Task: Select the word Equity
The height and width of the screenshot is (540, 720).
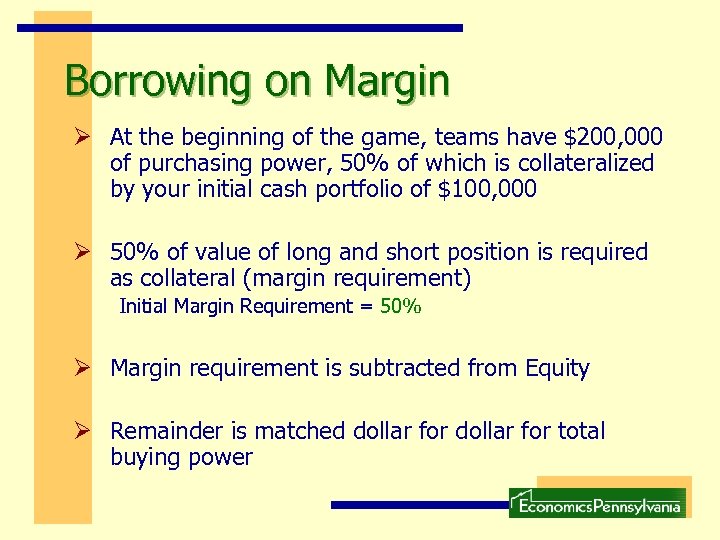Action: pos(557,368)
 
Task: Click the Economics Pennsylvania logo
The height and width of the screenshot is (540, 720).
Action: pos(597,502)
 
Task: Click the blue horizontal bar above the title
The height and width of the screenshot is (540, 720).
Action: pos(240,28)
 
